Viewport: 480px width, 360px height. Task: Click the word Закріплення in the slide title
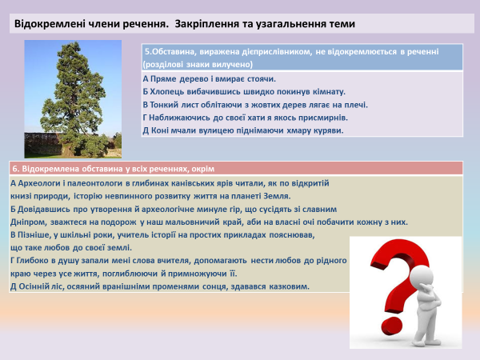[x=186, y=25]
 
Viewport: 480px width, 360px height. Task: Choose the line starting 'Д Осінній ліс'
[x=160, y=286]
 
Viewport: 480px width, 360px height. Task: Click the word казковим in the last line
[x=287, y=286]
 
